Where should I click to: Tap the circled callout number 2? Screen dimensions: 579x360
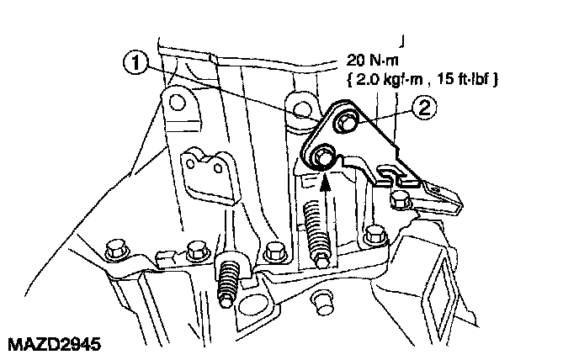click(x=425, y=107)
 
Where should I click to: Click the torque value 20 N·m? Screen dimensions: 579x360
click(x=376, y=61)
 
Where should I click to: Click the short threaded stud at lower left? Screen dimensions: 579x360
click(x=227, y=282)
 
